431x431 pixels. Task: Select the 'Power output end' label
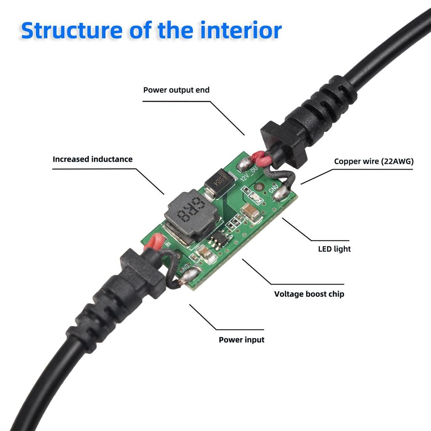point(176,90)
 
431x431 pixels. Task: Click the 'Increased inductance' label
point(93,159)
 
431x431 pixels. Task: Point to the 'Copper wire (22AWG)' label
point(374,161)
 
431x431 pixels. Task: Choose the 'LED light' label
point(334,249)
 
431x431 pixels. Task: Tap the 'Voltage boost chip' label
point(309,294)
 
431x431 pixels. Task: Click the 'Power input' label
point(242,339)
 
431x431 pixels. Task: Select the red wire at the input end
point(155,243)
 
